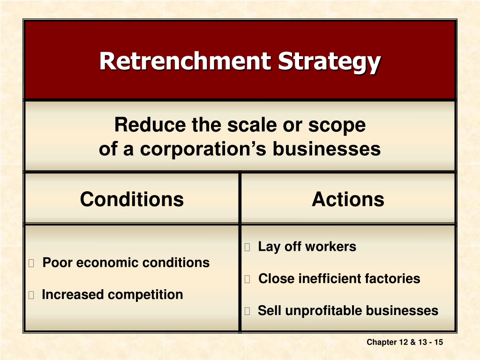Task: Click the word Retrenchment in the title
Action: [186, 61]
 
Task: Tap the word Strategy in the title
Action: [330, 63]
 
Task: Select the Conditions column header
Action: [132, 199]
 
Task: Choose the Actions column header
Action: [348, 199]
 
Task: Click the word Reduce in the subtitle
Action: [150, 125]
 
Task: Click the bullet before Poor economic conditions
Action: [31, 263]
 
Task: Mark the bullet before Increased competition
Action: [31, 295]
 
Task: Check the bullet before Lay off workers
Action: [247, 247]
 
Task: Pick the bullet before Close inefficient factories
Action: [247, 279]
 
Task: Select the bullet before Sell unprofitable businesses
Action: [247, 311]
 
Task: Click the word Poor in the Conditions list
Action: [57, 262]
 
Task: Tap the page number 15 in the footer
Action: [439, 342]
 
